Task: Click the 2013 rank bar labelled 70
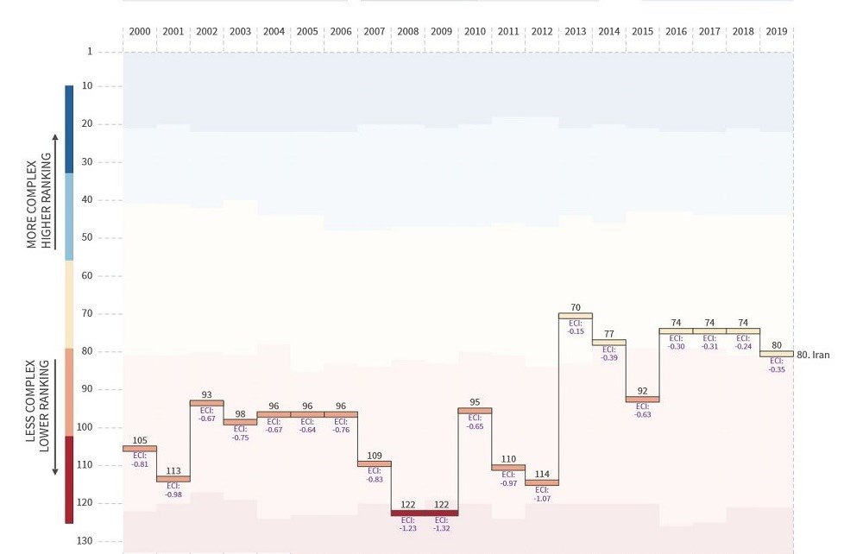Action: pyautogui.click(x=576, y=316)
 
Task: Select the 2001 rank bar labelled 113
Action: pyautogui.click(x=173, y=479)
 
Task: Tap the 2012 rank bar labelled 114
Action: pyautogui.click(x=542, y=482)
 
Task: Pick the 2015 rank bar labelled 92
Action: pyautogui.click(x=642, y=400)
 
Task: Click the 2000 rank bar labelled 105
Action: pyautogui.click(x=140, y=449)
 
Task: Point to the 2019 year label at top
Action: pyautogui.click(x=776, y=32)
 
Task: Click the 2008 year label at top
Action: pyautogui.click(x=408, y=32)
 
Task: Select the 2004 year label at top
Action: pyautogui.click(x=274, y=32)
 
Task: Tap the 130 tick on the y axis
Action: pyautogui.click(x=84, y=541)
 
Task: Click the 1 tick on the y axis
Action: pyautogui.click(x=89, y=52)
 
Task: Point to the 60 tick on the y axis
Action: pyautogui.click(x=86, y=276)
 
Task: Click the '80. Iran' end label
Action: pyautogui.click(x=816, y=354)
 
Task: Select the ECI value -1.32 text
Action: pyautogui.click(x=441, y=528)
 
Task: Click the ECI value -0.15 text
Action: pyautogui.click(x=576, y=331)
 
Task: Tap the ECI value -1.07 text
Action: pyautogui.click(x=542, y=498)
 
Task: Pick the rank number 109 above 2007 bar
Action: pyautogui.click(x=375, y=455)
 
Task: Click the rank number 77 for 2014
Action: pyautogui.click(x=609, y=334)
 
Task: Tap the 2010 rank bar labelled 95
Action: pyautogui.click(x=475, y=411)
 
